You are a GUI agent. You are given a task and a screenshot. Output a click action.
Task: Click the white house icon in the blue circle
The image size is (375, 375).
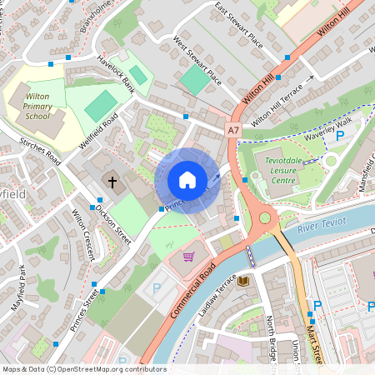(187, 180)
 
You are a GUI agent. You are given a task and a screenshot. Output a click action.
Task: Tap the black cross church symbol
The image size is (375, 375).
(112, 181)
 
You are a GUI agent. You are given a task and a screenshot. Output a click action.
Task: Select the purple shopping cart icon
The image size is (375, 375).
(188, 257)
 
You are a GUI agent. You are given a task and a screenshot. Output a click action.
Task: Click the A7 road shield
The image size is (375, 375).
(233, 130)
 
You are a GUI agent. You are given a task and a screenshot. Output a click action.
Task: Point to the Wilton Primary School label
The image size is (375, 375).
(37, 107)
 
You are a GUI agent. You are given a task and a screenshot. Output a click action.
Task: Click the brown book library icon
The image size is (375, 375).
(243, 282)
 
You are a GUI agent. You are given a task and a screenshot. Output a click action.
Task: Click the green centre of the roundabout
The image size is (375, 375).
(266, 218)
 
